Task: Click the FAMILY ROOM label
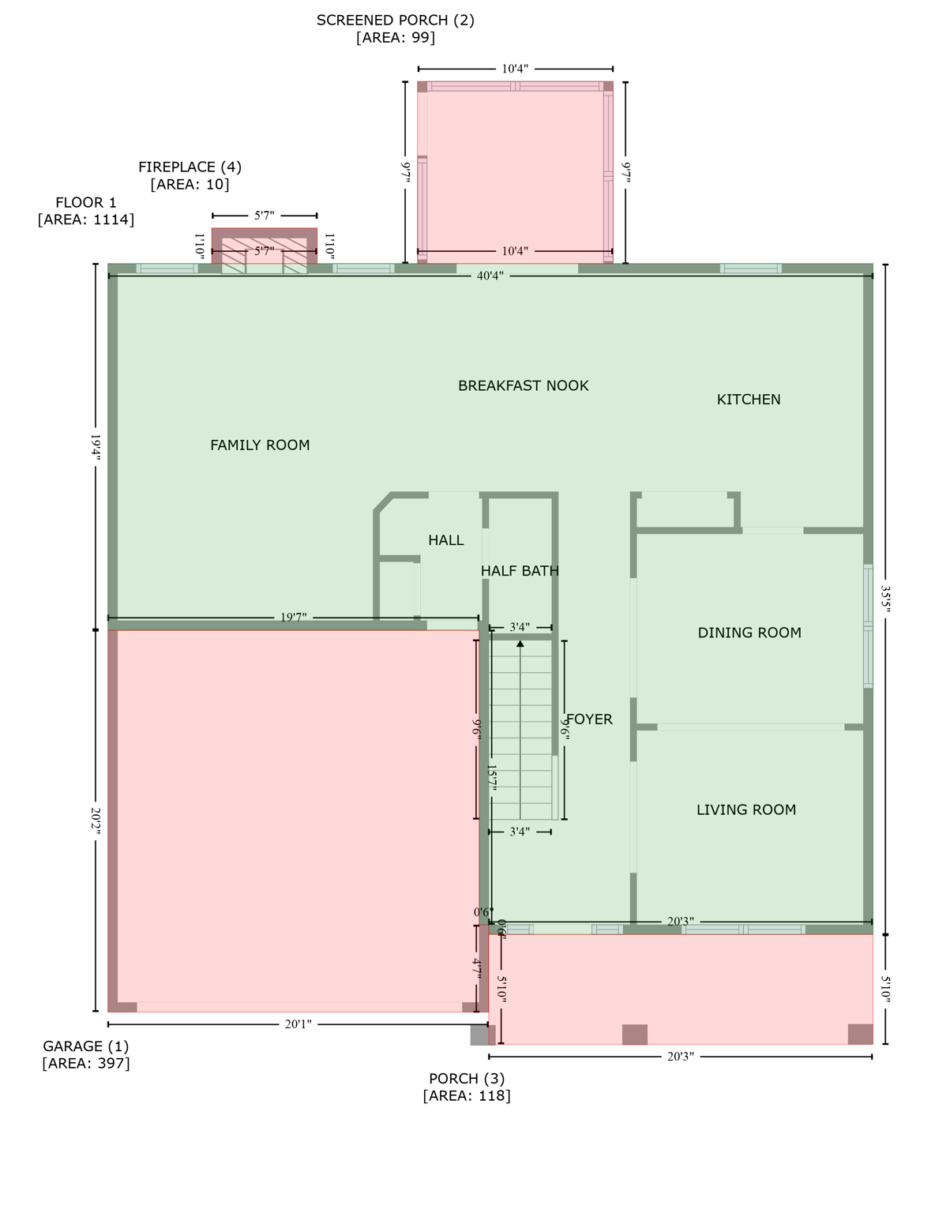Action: click(260, 445)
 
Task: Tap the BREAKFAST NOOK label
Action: click(523, 385)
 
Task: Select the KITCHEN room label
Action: click(748, 400)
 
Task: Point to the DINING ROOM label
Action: click(749, 633)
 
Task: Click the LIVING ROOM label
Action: click(745, 809)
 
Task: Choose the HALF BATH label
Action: click(520, 571)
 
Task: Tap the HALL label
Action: click(445, 540)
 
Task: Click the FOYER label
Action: click(589, 719)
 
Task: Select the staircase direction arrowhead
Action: click(520, 644)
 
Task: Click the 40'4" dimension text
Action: click(490, 276)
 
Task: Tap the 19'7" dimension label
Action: click(293, 618)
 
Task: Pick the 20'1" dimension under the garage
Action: click(298, 1024)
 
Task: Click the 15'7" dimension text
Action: click(491, 777)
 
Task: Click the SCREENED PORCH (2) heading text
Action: click(395, 21)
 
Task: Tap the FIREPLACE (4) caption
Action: click(190, 167)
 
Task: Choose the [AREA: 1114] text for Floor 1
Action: click(85, 220)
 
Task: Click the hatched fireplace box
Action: click(264, 251)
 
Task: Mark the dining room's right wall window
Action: click(868, 625)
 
